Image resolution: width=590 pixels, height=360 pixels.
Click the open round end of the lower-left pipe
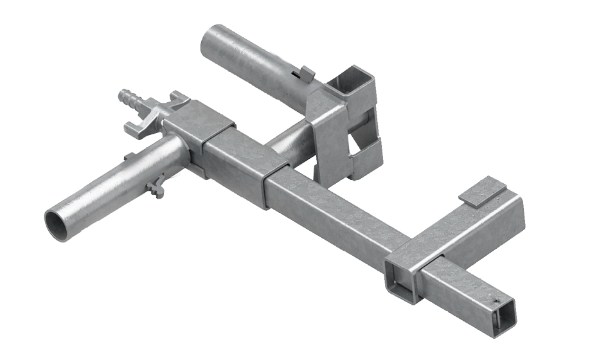(59, 225)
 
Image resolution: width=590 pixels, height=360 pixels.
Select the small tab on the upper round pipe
(307, 73)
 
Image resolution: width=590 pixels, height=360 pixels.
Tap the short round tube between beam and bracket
(292, 138)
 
